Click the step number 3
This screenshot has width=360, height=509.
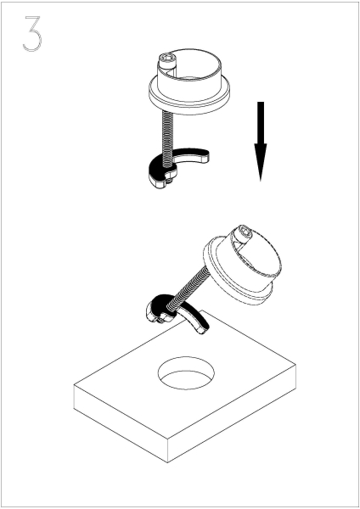(32, 33)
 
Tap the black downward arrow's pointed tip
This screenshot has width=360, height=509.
(261, 181)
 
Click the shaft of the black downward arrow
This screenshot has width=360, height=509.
(261, 123)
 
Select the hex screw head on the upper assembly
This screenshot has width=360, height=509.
(166, 60)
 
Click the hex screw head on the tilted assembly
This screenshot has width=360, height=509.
(244, 232)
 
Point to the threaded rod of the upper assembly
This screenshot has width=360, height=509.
(167, 133)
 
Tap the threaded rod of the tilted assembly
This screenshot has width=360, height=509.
(188, 287)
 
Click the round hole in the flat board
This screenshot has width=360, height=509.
(186, 373)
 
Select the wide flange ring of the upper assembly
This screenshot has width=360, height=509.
(189, 94)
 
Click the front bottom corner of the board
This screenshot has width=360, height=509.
(167, 462)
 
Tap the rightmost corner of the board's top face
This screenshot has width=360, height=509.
(295, 364)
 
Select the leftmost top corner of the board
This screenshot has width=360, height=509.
(74, 386)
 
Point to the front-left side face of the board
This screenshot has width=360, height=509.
(121, 423)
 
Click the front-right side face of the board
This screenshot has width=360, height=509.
(232, 413)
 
